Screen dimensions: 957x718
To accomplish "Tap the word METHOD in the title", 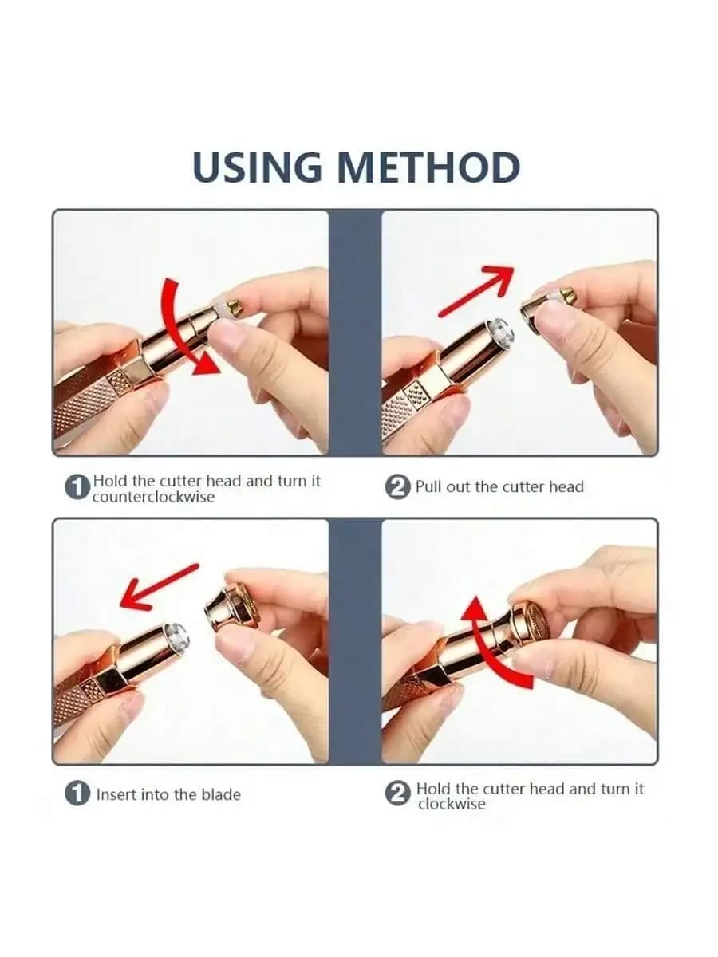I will pos(428,167).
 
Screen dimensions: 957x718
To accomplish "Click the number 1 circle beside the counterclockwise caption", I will pos(77,488).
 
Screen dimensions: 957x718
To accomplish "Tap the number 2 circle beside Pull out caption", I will pos(397,487).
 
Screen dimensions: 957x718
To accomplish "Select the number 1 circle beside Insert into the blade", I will pos(77,794).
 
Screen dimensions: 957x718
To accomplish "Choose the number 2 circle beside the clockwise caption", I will pos(397,794).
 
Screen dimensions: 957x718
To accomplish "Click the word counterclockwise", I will pos(153,497).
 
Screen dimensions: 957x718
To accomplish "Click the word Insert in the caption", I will pos(116,794).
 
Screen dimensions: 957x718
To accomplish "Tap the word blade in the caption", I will pos(220,794).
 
